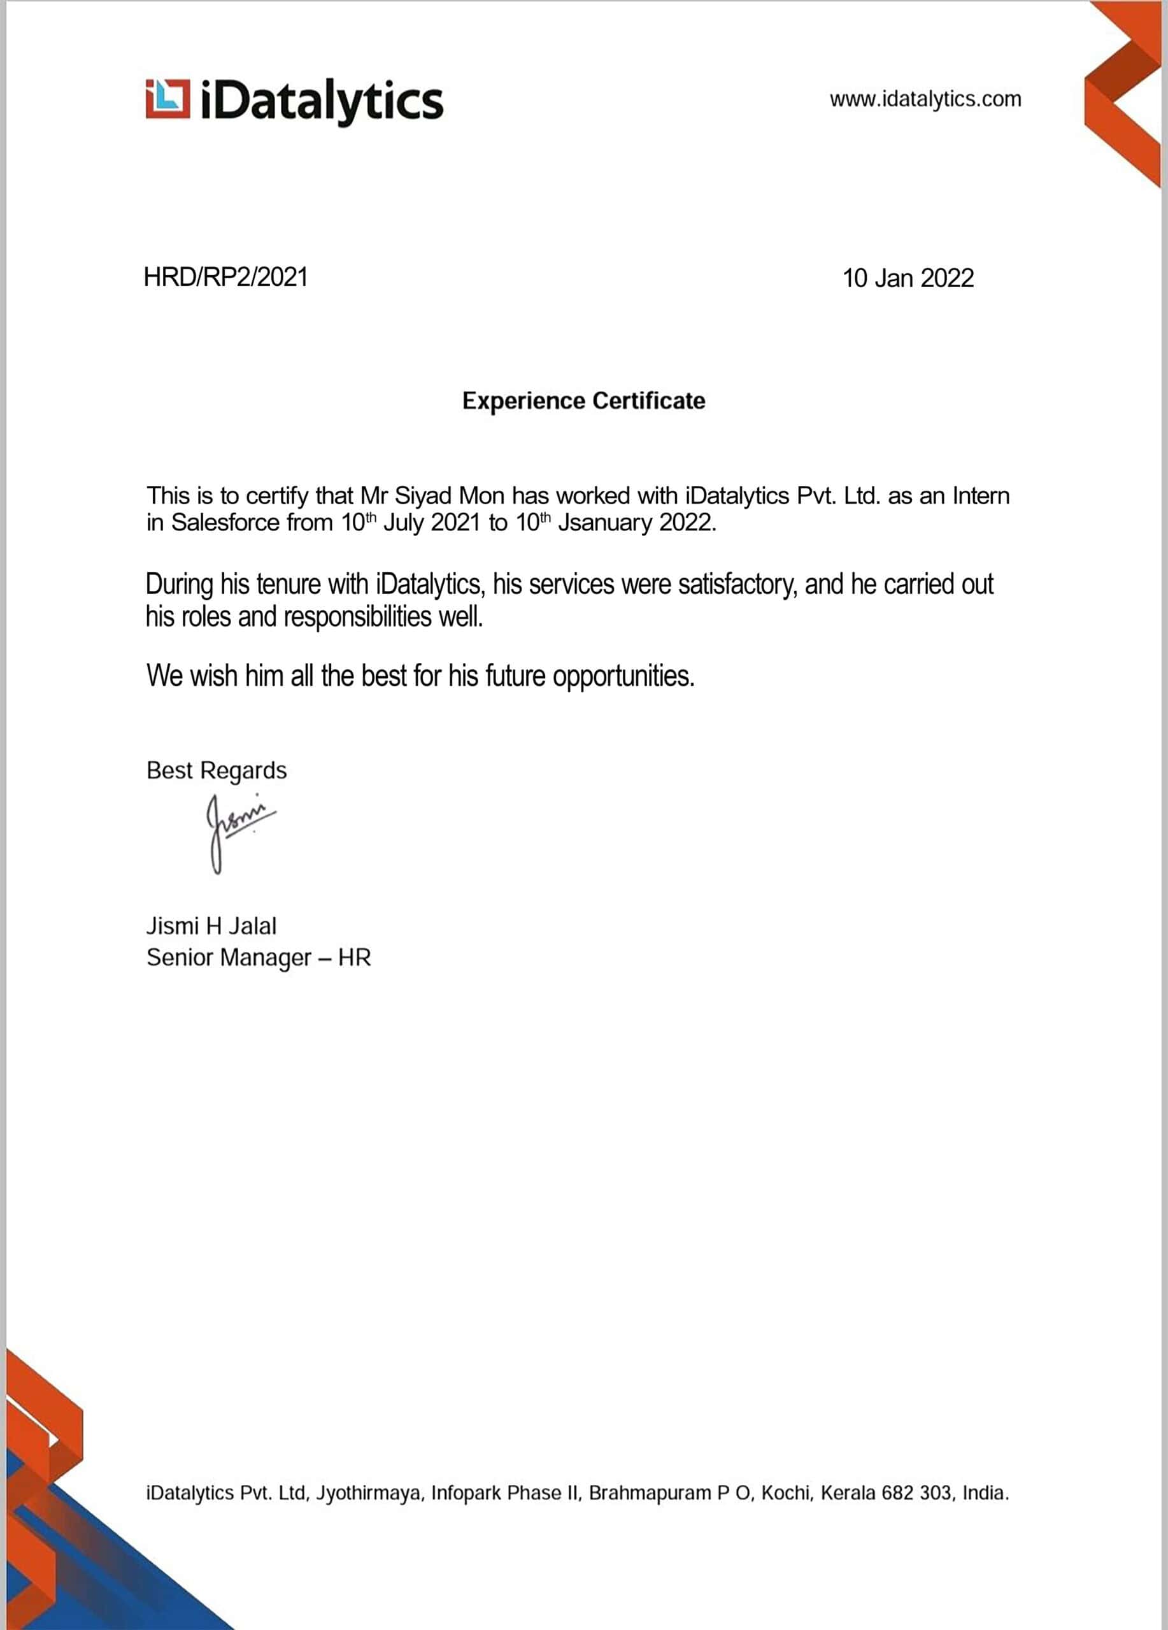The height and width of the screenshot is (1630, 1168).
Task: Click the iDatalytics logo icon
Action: pos(168,99)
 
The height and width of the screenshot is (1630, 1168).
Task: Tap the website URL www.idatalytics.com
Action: pos(925,99)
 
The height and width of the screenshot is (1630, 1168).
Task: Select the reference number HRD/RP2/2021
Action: pos(225,277)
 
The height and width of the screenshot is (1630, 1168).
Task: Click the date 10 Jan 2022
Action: pos(908,278)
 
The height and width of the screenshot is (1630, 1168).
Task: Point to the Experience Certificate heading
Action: pos(583,400)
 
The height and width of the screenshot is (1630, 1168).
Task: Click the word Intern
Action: pos(981,496)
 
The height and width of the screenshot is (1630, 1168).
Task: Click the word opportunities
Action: pos(623,676)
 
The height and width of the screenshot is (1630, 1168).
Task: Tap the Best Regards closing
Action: pos(217,770)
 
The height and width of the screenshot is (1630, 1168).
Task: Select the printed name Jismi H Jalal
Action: pos(211,926)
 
